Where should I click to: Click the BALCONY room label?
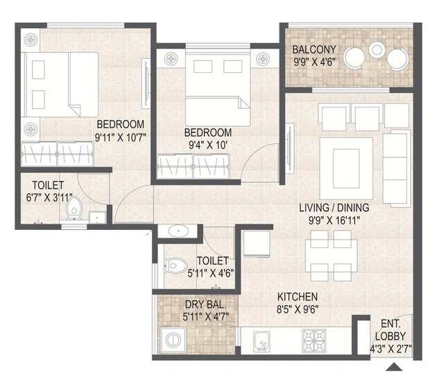tap(314, 49)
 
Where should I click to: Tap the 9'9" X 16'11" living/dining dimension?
tap(334, 220)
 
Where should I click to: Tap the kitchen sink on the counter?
tap(261, 339)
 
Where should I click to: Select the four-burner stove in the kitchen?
tap(313, 339)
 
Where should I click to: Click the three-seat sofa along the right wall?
tap(396, 168)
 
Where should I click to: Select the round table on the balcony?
tap(377, 49)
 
